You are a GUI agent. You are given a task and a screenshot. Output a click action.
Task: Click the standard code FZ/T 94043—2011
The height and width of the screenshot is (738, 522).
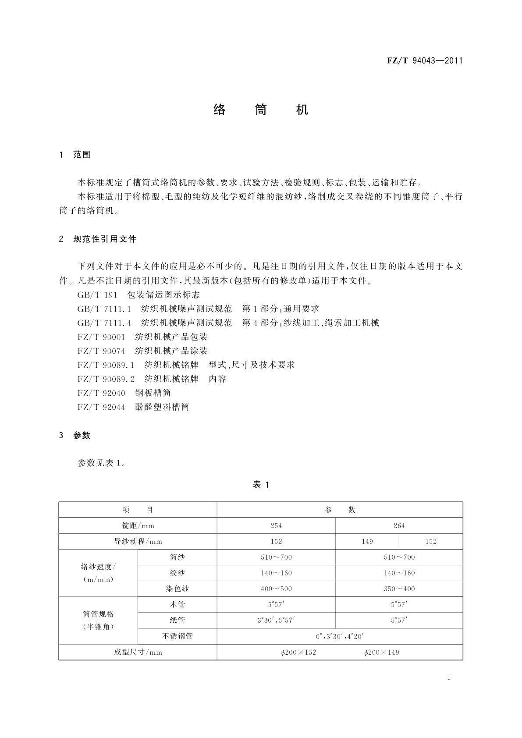click(x=424, y=60)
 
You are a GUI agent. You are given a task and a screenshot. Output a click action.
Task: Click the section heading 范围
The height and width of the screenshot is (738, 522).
click(x=82, y=155)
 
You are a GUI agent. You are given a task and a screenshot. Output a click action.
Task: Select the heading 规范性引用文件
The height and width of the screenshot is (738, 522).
click(x=105, y=239)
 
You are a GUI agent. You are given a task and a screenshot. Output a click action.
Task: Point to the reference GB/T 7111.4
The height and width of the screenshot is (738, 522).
click(x=104, y=323)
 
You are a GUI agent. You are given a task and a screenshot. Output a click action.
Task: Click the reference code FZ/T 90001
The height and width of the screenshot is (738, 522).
click(x=101, y=337)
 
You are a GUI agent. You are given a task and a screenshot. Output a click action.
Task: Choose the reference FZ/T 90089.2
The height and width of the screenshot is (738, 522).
click(x=106, y=379)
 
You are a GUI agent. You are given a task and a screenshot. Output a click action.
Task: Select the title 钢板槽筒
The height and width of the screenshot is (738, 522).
click(x=153, y=393)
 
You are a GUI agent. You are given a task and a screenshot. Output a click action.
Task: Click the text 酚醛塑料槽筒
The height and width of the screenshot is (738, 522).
click(x=162, y=407)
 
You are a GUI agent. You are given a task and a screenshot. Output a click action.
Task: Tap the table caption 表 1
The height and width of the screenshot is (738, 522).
click(x=261, y=484)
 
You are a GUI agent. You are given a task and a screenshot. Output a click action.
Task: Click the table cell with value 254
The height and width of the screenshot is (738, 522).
click(x=276, y=525)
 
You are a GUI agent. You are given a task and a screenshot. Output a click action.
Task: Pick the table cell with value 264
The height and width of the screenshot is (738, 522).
click(x=399, y=525)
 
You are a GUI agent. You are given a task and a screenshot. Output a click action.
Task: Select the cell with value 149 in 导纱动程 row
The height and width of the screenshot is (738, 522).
click(x=367, y=541)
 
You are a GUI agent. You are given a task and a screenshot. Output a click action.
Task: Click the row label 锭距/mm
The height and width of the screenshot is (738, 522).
click(x=138, y=525)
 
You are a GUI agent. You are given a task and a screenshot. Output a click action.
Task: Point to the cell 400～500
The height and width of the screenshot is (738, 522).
click(x=276, y=589)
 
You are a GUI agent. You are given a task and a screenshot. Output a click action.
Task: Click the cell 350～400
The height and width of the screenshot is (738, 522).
click(x=399, y=589)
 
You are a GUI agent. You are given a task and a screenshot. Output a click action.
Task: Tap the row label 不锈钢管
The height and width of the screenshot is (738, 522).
click(x=178, y=636)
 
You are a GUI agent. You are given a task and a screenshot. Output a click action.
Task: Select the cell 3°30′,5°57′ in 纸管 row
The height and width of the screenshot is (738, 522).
click(x=276, y=620)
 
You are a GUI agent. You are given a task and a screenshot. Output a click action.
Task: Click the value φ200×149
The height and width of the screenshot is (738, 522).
click(x=381, y=652)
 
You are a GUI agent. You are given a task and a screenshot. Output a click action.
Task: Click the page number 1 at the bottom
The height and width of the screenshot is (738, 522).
click(x=449, y=677)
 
